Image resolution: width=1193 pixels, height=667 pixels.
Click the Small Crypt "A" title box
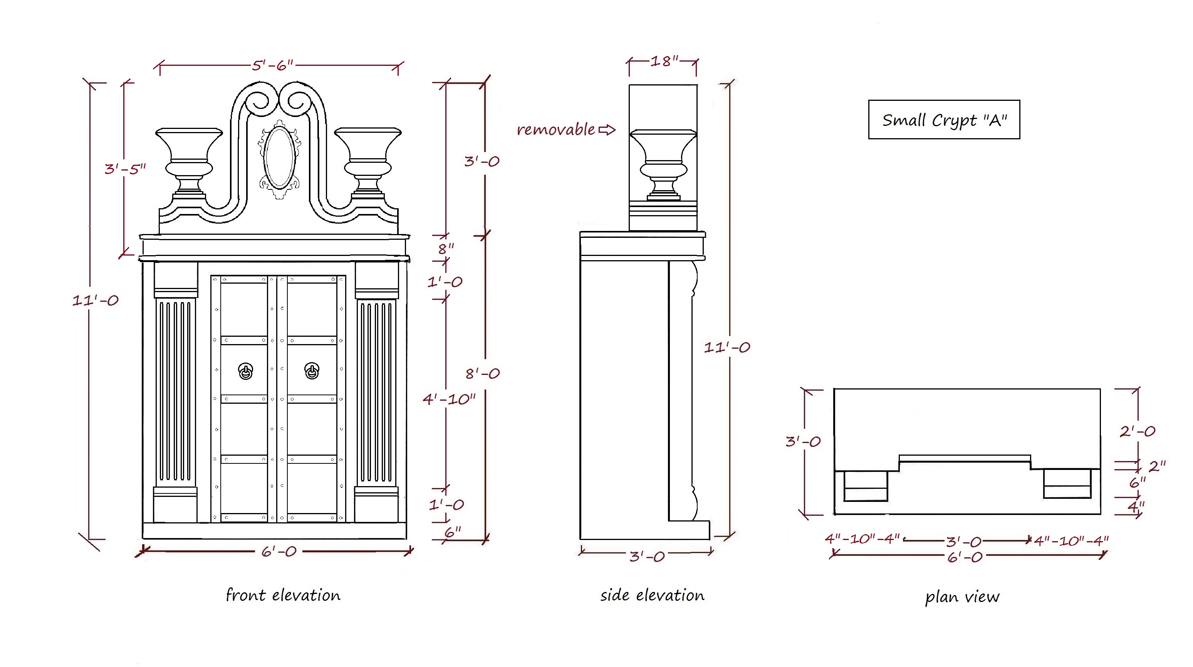(x=943, y=119)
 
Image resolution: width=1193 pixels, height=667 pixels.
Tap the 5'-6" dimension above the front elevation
(x=272, y=65)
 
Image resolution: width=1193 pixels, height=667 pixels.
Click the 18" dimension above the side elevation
(x=664, y=61)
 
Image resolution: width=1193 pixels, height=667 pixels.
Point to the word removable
(x=556, y=130)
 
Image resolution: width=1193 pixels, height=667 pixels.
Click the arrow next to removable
(x=607, y=130)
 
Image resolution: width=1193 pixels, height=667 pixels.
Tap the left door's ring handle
(x=245, y=371)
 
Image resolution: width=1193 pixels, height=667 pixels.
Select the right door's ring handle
(x=312, y=371)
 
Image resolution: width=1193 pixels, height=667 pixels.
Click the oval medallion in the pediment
(x=279, y=157)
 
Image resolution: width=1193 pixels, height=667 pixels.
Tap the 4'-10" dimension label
(x=449, y=399)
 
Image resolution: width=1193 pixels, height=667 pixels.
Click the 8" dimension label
(x=446, y=249)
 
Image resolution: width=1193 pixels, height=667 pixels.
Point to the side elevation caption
(x=652, y=595)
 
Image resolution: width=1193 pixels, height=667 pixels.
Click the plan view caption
(x=962, y=597)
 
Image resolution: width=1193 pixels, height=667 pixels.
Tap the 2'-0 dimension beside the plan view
(x=1137, y=431)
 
